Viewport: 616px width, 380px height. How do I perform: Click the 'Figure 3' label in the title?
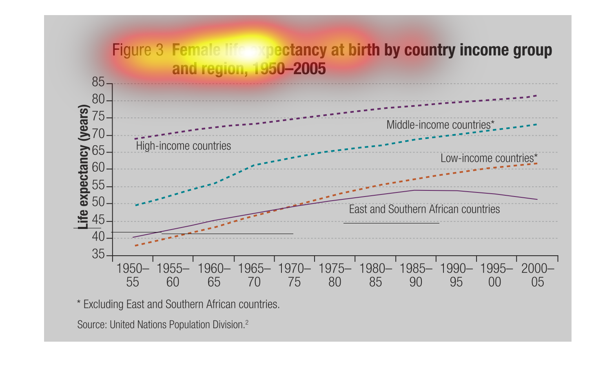point(137,50)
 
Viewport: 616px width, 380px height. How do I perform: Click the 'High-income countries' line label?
point(183,146)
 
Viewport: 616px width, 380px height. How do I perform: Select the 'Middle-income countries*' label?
point(440,125)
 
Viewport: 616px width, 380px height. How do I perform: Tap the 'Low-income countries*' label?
point(489,158)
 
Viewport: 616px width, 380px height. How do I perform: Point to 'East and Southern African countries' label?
point(424,209)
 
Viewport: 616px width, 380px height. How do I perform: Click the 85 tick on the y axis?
point(98,83)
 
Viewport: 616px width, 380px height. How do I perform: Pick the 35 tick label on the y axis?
point(98,255)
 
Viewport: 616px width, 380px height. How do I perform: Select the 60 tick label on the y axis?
point(98,169)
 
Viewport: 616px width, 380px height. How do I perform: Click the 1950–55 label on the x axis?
point(133,275)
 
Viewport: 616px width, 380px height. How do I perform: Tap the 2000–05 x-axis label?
point(537,275)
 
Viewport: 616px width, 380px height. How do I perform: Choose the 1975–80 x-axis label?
point(335,275)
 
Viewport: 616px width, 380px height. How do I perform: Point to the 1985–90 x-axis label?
point(416,275)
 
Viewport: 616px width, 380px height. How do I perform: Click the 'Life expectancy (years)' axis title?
point(83,167)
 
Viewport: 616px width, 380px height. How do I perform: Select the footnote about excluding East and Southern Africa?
point(178,305)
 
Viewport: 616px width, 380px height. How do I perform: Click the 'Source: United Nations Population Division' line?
point(162,325)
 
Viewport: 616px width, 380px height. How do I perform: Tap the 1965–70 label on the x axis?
point(254,275)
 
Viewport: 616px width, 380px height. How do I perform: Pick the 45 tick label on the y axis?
point(98,221)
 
